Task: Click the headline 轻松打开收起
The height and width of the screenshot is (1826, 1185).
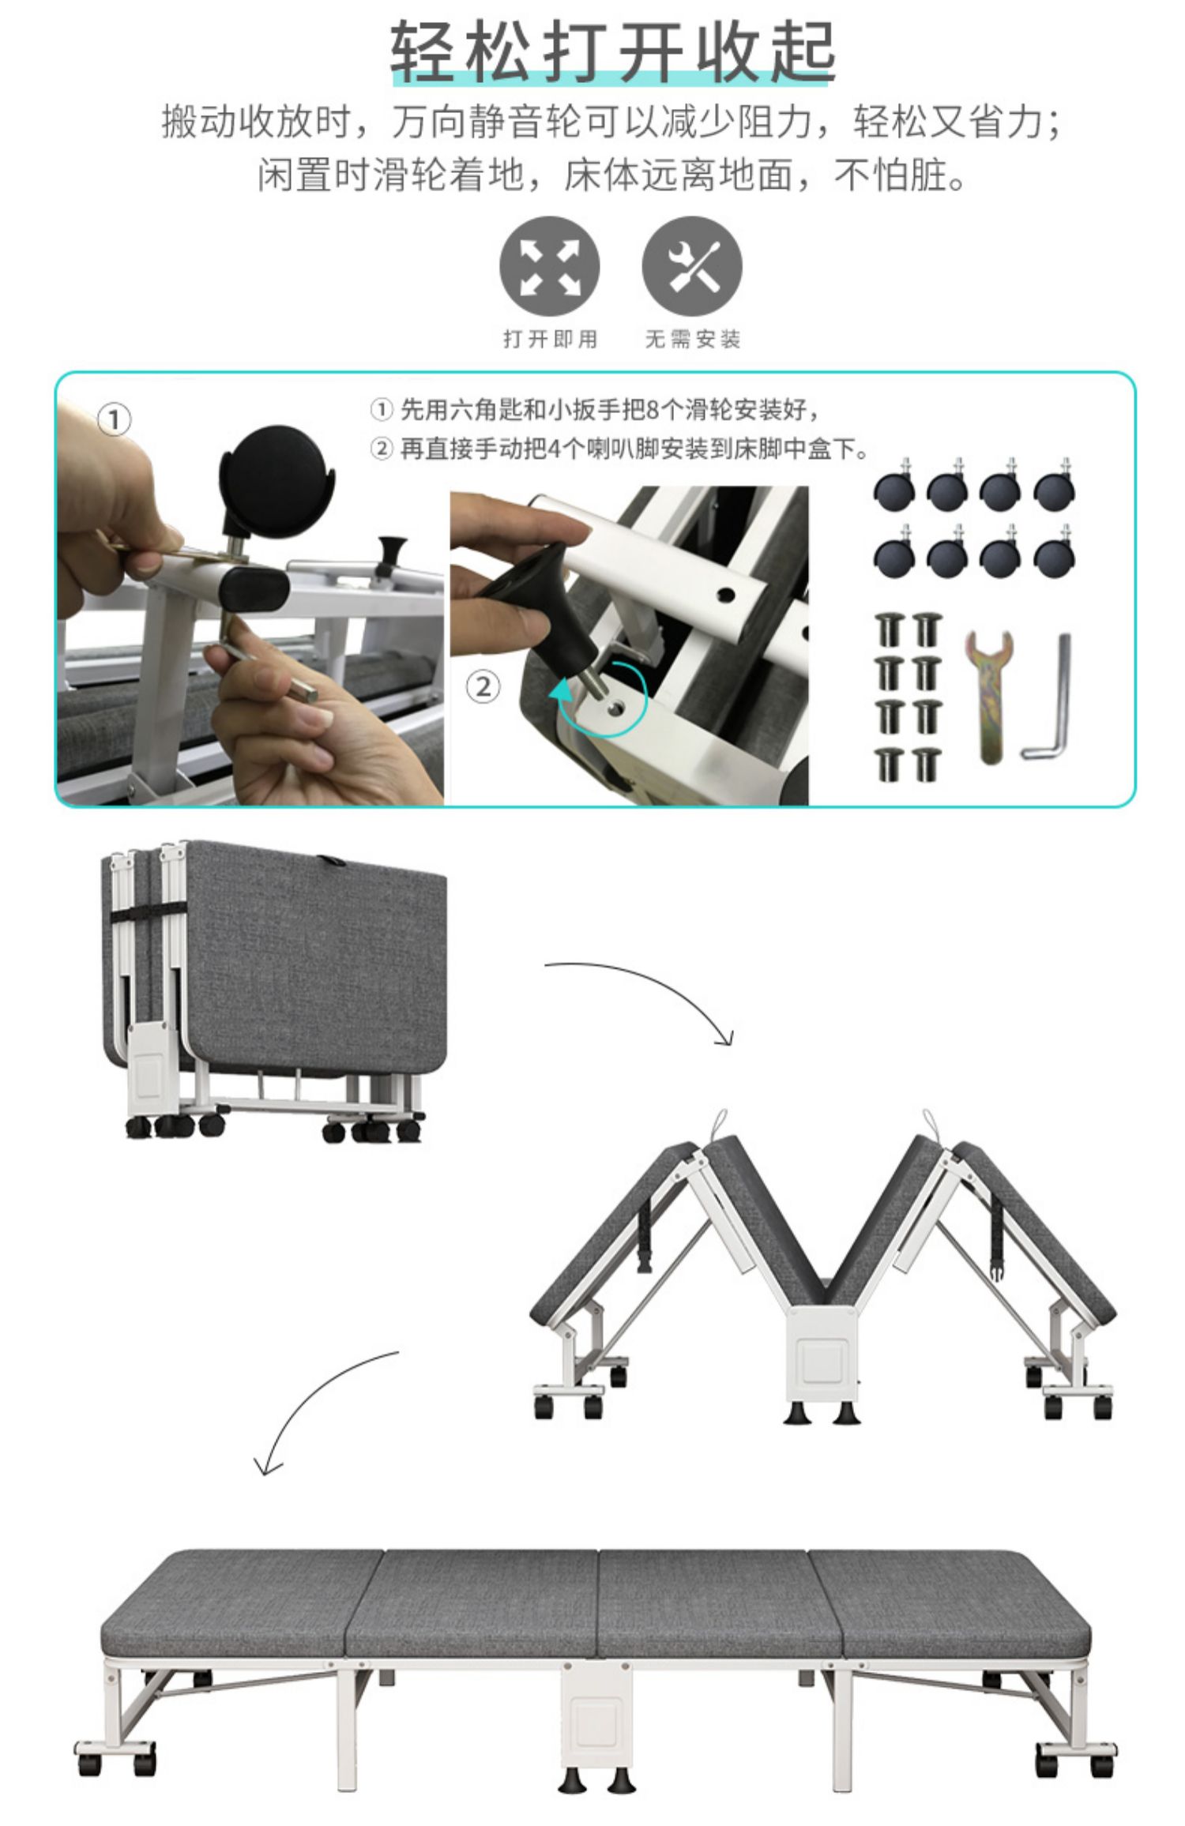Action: pyautogui.click(x=613, y=52)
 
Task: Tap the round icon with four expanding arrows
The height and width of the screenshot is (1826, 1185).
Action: pyautogui.click(x=549, y=266)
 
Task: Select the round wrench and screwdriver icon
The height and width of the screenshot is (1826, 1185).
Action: pyautogui.click(x=692, y=266)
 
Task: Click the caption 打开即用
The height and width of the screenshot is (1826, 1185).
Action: pyautogui.click(x=551, y=340)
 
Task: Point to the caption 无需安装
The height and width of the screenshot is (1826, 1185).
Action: pyautogui.click(x=693, y=340)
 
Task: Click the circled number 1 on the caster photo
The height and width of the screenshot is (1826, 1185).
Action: pyautogui.click(x=114, y=419)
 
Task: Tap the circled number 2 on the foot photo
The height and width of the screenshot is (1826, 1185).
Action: pyautogui.click(x=483, y=686)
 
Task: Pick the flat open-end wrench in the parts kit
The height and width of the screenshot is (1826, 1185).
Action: pyautogui.click(x=988, y=695)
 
